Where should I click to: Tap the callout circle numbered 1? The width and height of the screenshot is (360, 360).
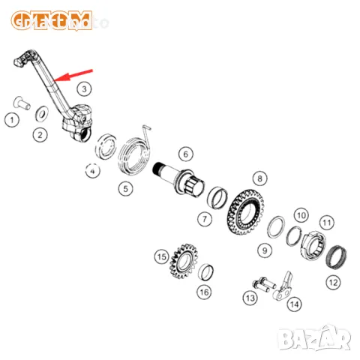pos(10,118)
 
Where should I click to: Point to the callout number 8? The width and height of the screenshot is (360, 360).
pos(259,178)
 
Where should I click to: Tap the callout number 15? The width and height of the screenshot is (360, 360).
pos(160,256)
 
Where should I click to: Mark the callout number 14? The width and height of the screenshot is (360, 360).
pos(294,304)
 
